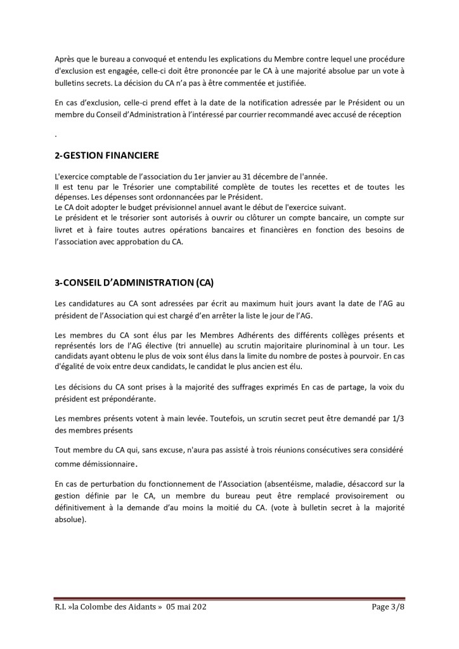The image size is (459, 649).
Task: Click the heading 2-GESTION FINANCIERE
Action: tap(107, 155)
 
